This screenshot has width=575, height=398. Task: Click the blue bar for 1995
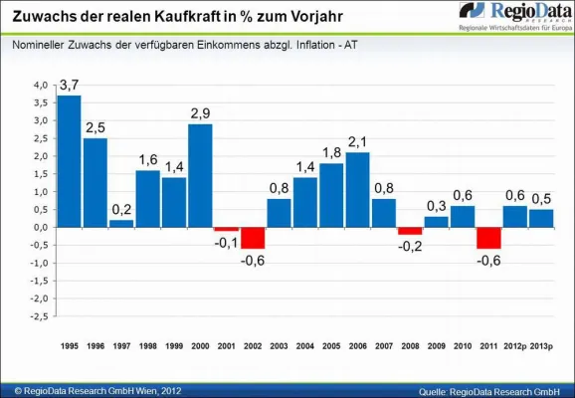[70, 161]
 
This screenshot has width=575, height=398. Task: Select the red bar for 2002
[252, 238]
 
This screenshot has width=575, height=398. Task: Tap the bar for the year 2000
[200, 175]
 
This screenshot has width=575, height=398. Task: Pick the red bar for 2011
[488, 238]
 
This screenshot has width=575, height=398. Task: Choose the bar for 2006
[358, 189]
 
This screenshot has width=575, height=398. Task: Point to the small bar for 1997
[122, 223]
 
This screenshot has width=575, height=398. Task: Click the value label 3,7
[69, 87]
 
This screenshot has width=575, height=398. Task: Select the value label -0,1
[226, 242]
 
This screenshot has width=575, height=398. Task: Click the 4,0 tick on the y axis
[39, 86]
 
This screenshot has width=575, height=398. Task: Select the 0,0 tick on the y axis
[39, 228]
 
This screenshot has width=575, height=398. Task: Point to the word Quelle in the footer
[437, 388]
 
